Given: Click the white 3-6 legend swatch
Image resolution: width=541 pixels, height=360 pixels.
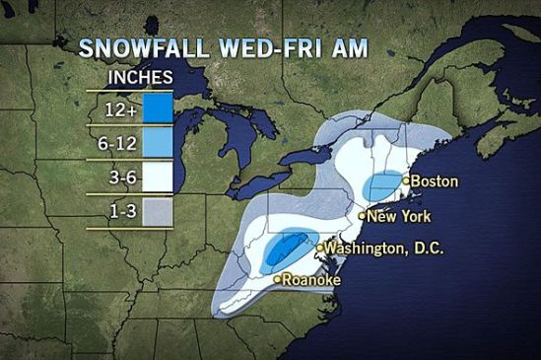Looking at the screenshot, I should [x=159, y=176].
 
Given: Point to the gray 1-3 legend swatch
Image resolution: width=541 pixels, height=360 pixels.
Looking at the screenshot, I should [x=159, y=210].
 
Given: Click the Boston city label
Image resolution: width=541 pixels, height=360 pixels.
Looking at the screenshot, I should [x=435, y=181].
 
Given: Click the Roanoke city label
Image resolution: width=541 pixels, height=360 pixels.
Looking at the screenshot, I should [x=311, y=280].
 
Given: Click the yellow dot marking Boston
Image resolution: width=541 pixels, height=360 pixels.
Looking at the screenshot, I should [x=406, y=181].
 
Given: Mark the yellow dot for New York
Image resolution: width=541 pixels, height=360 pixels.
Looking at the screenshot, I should [x=362, y=215].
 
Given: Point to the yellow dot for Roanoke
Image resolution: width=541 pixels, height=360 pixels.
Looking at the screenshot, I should [x=277, y=280].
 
